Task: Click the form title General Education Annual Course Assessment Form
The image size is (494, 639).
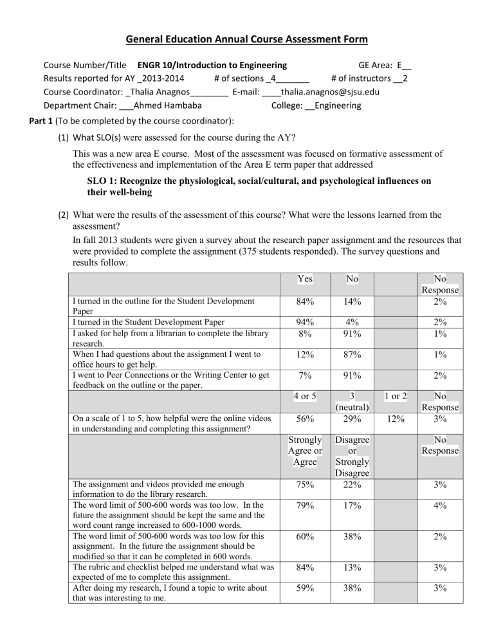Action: (x=246, y=40)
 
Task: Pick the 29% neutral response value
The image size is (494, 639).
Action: (x=351, y=418)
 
